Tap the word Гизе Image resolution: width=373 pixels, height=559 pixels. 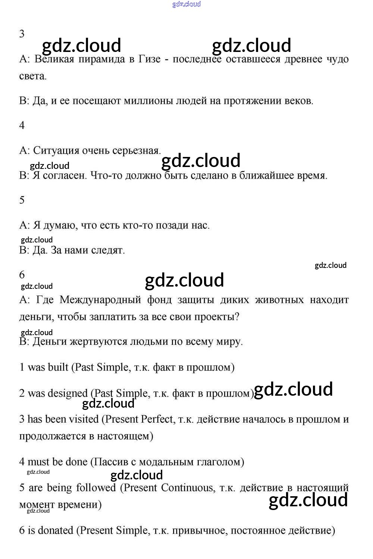149,59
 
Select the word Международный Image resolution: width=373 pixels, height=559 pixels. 100,300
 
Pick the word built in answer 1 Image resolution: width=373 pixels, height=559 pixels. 58,367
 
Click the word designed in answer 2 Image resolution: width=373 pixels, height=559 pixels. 68,393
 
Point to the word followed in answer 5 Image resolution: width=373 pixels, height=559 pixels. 96,488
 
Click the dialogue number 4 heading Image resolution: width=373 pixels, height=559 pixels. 22,125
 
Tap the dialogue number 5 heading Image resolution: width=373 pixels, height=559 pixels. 22,200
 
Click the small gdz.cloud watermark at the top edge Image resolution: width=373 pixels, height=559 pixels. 186,4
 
